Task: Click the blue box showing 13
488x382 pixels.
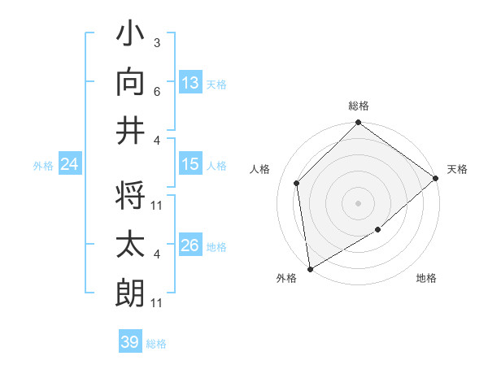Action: [190, 82]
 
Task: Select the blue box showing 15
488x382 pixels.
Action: [190, 164]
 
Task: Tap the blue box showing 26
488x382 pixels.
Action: [190, 245]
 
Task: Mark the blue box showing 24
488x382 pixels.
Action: [69, 165]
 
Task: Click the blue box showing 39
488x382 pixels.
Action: [129, 342]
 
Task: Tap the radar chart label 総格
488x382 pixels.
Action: [359, 106]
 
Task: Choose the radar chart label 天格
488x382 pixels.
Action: [457, 169]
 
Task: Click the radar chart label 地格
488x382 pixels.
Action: [426, 278]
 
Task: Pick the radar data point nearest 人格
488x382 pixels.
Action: [297, 183]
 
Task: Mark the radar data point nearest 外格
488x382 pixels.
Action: [310, 269]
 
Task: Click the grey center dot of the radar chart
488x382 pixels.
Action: [359, 202]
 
